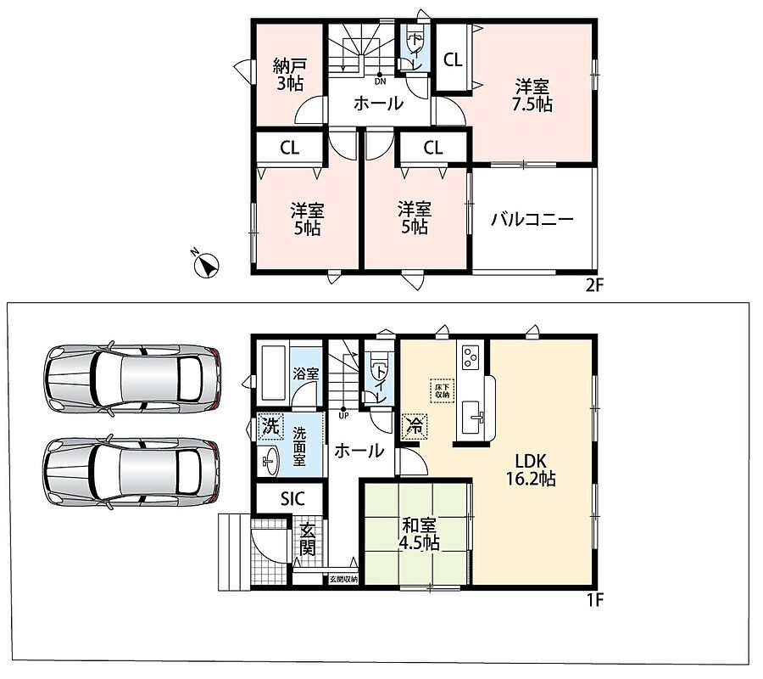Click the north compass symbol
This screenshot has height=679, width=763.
point(206,266)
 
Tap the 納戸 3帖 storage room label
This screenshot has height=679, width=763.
point(290,75)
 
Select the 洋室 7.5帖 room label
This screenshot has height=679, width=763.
point(532,96)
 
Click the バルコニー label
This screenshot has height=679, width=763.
point(532,219)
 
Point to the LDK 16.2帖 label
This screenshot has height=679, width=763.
point(531,469)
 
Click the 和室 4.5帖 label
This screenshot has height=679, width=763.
point(419,535)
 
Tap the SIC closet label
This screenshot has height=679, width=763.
point(292,498)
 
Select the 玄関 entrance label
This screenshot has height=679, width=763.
point(307,539)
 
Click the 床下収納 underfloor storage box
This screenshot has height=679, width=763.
point(443,390)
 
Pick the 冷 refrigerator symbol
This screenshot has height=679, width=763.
point(415,426)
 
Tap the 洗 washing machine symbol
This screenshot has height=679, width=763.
point(270,427)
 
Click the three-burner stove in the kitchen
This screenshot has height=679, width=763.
point(470,356)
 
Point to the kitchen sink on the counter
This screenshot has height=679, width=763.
point(471,418)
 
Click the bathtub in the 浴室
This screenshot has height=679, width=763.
point(273,373)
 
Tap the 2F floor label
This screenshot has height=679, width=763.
point(594,284)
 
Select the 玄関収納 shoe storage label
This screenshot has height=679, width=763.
point(343,579)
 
